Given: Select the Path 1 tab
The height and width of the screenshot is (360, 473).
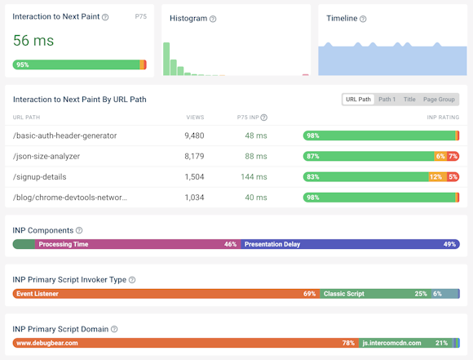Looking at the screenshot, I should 387,100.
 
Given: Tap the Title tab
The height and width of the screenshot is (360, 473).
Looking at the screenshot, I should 409,100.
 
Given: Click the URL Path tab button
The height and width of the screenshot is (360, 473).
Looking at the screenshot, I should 358,100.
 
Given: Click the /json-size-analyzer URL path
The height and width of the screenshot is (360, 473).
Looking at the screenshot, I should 53,156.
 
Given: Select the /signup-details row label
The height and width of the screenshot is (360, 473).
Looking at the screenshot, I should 40,176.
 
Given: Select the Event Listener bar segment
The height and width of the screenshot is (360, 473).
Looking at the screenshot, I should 163,294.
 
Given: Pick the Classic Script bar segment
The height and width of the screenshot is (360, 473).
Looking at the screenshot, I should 375,294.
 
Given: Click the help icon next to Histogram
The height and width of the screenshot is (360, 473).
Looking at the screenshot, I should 213,19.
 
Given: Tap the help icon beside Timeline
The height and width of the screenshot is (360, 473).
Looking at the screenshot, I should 363,19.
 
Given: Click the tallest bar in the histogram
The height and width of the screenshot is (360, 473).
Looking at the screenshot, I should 166,60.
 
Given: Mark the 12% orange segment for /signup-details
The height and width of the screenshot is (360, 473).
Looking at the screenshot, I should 436,176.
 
